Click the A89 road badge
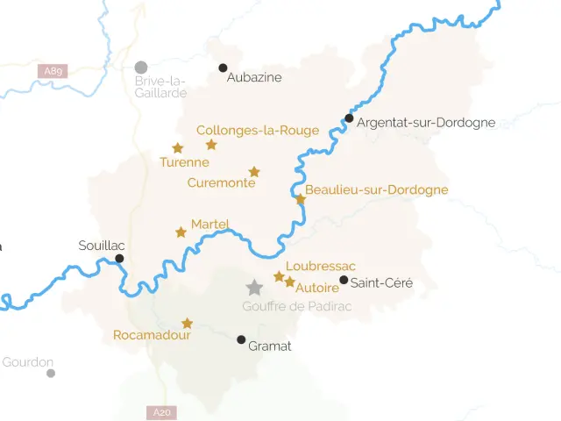point(53,70)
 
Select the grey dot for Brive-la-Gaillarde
point(141,68)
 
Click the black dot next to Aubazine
point(223,68)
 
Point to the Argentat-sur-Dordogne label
point(427,123)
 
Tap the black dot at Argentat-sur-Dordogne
point(349,118)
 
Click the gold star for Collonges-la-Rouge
point(211,145)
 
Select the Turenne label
point(184,162)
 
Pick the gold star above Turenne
point(178,148)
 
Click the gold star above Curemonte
point(254,172)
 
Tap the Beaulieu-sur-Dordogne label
point(376,189)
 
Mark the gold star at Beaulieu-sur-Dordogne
point(301,199)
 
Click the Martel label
point(209,224)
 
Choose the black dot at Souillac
point(119,258)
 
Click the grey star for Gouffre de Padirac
point(254,288)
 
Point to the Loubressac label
point(321,266)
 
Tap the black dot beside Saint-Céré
point(344,281)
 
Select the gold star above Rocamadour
point(187,323)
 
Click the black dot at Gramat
point(241,339)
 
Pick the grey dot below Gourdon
point(51,373)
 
